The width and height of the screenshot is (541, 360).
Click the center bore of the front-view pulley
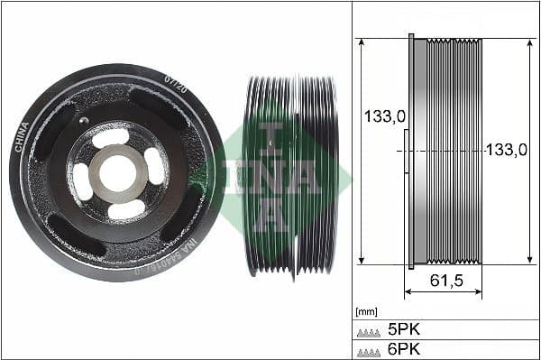(x=117, y=172)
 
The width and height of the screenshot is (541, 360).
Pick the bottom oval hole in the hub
(x=125, y=209)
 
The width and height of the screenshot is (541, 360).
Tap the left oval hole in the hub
(x=81, y=180)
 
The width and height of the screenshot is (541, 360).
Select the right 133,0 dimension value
(x=506, y=151)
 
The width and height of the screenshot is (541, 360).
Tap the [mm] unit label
(x=366, y=311)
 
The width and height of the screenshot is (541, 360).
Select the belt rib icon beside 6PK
(x=370, y=350)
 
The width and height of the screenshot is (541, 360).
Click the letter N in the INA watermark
(x=271, y=176)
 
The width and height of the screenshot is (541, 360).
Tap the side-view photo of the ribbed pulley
(x=290, y=175)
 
